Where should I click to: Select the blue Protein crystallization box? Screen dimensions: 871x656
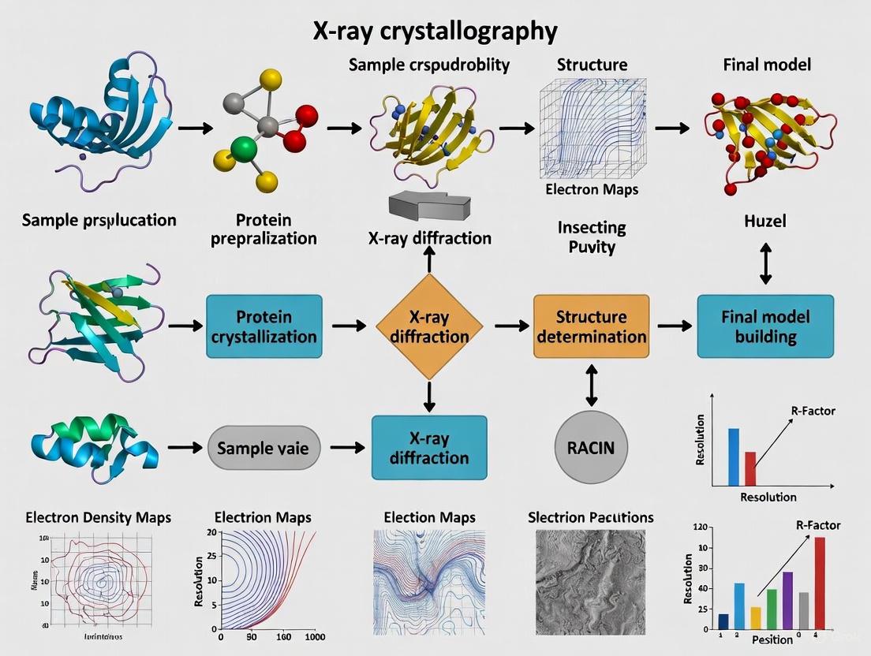tap(264, 326)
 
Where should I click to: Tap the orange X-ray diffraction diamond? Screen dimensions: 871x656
tap(429, 326)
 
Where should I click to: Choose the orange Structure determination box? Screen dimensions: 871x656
tap(591, 326)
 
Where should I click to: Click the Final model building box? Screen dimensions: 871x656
tap(764, 326)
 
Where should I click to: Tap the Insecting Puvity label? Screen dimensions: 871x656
tap(591, 237)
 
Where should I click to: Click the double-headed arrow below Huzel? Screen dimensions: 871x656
tap(764, 264)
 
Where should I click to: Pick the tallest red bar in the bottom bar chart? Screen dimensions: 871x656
tap(819, 582)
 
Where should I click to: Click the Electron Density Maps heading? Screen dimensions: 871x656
tap(98, 518)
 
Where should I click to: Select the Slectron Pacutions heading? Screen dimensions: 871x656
tap(590, 517)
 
